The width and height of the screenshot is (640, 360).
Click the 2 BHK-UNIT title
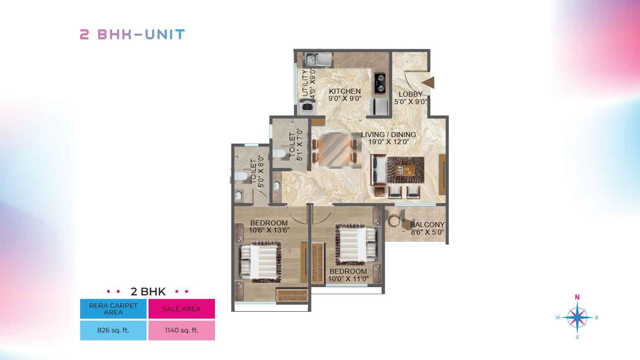pyautogui.click(x=132, y=34)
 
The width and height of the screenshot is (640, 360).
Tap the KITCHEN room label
pyautogui.click(x=345, y=91)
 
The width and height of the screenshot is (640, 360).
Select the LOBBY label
pyautogui.click(x=410, y=94)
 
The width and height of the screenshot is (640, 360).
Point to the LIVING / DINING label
pyautogui.click(x=389, y=134)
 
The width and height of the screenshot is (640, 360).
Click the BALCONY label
pyautogui.click(x=427, y=225)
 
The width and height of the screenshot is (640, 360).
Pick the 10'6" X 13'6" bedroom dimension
pyautogui.click(x=269, y=230)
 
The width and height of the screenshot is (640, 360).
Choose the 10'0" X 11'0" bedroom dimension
pyautogui.click(x=348, y=279)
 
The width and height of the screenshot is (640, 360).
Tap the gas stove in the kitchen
pyautogui.click(x=380, y=83)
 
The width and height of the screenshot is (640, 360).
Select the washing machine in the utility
pyautogui.click(x=307, y=107)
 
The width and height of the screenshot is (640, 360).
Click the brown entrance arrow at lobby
pyautogui.click(x=428, y=82)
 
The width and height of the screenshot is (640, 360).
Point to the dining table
pyautogui.click(x=335, y=150)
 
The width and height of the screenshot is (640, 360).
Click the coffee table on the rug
pyautogui.click(x=405, y=170)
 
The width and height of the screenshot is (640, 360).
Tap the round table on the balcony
pyautogui.click(x=395, y=220)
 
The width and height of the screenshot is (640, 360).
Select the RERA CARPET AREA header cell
pyautogui.click(x=113, y=309)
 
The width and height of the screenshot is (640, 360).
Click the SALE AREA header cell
pyautogui.click(x=181, y=309)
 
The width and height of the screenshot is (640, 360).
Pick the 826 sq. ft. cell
pyautogui.click(x=113, y=330)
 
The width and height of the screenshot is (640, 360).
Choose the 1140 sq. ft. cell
pyautogui.click(x=181, y=330)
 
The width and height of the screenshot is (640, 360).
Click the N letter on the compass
pyautogui.click(x=577, y=297)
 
